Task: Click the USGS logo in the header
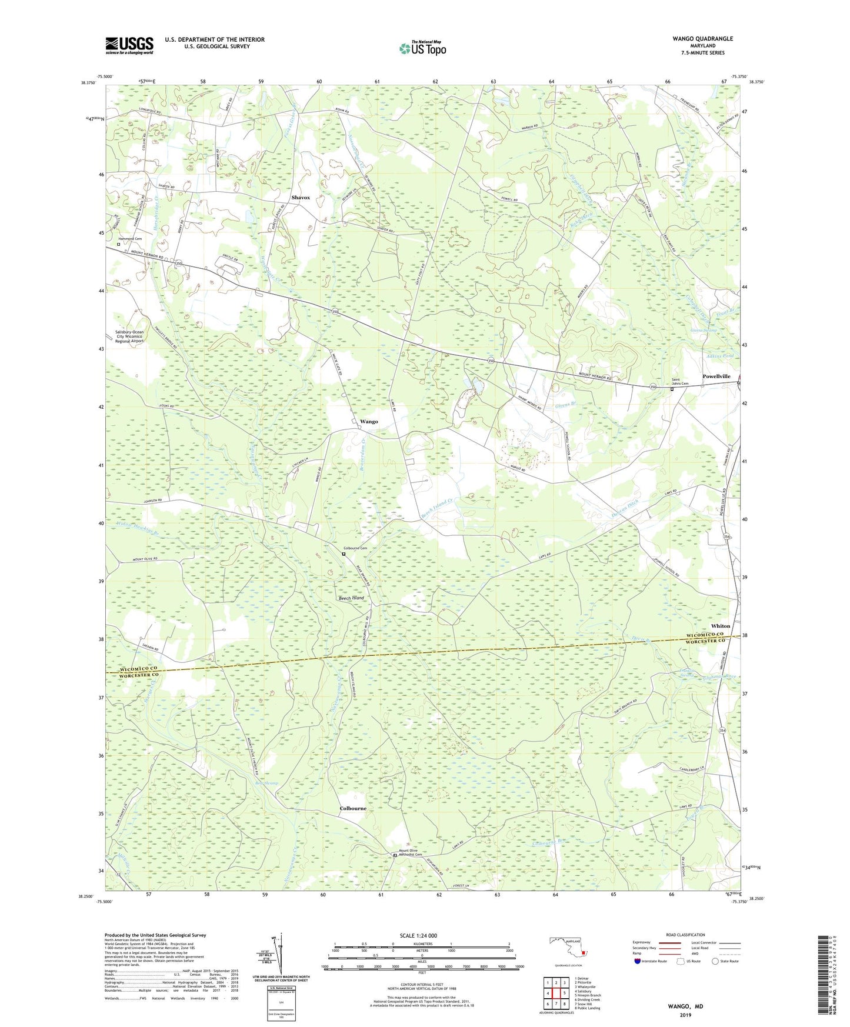point(129,45)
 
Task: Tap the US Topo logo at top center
point(422,48)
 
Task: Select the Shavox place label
point(300,198)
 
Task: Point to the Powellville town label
point(716,376)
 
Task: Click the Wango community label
point(369,422)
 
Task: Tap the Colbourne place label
point(353,808)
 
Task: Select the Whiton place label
point(721,626)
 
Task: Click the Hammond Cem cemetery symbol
point(118,244)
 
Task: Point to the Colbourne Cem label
point(355,548)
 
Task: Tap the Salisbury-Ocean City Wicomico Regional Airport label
point(129,336)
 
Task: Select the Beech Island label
point(351,598)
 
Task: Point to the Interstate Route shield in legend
point(638,961)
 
